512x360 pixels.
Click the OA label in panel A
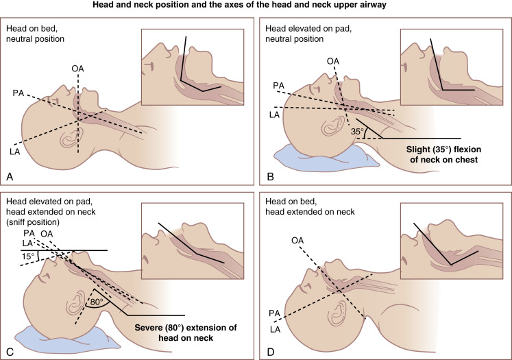tap(77, 69)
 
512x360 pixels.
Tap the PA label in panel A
tap(19, 93)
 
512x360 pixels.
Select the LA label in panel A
tap(15, 152)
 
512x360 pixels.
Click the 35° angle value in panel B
tap(357, 132)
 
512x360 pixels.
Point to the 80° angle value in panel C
tap(97, 302)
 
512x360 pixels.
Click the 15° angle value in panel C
tap(28, 256)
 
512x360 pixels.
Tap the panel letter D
tap(270, 352)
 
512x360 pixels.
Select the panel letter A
tap(10, 177)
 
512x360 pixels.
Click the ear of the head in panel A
tap(72, 138)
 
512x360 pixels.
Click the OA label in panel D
tap(297, 241)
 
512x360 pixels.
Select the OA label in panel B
tap(333, 61)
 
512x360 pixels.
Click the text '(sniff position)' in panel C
tap(33, 222)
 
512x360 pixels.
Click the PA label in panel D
tap(275, 313)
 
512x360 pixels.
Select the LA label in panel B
tap(274, 115)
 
